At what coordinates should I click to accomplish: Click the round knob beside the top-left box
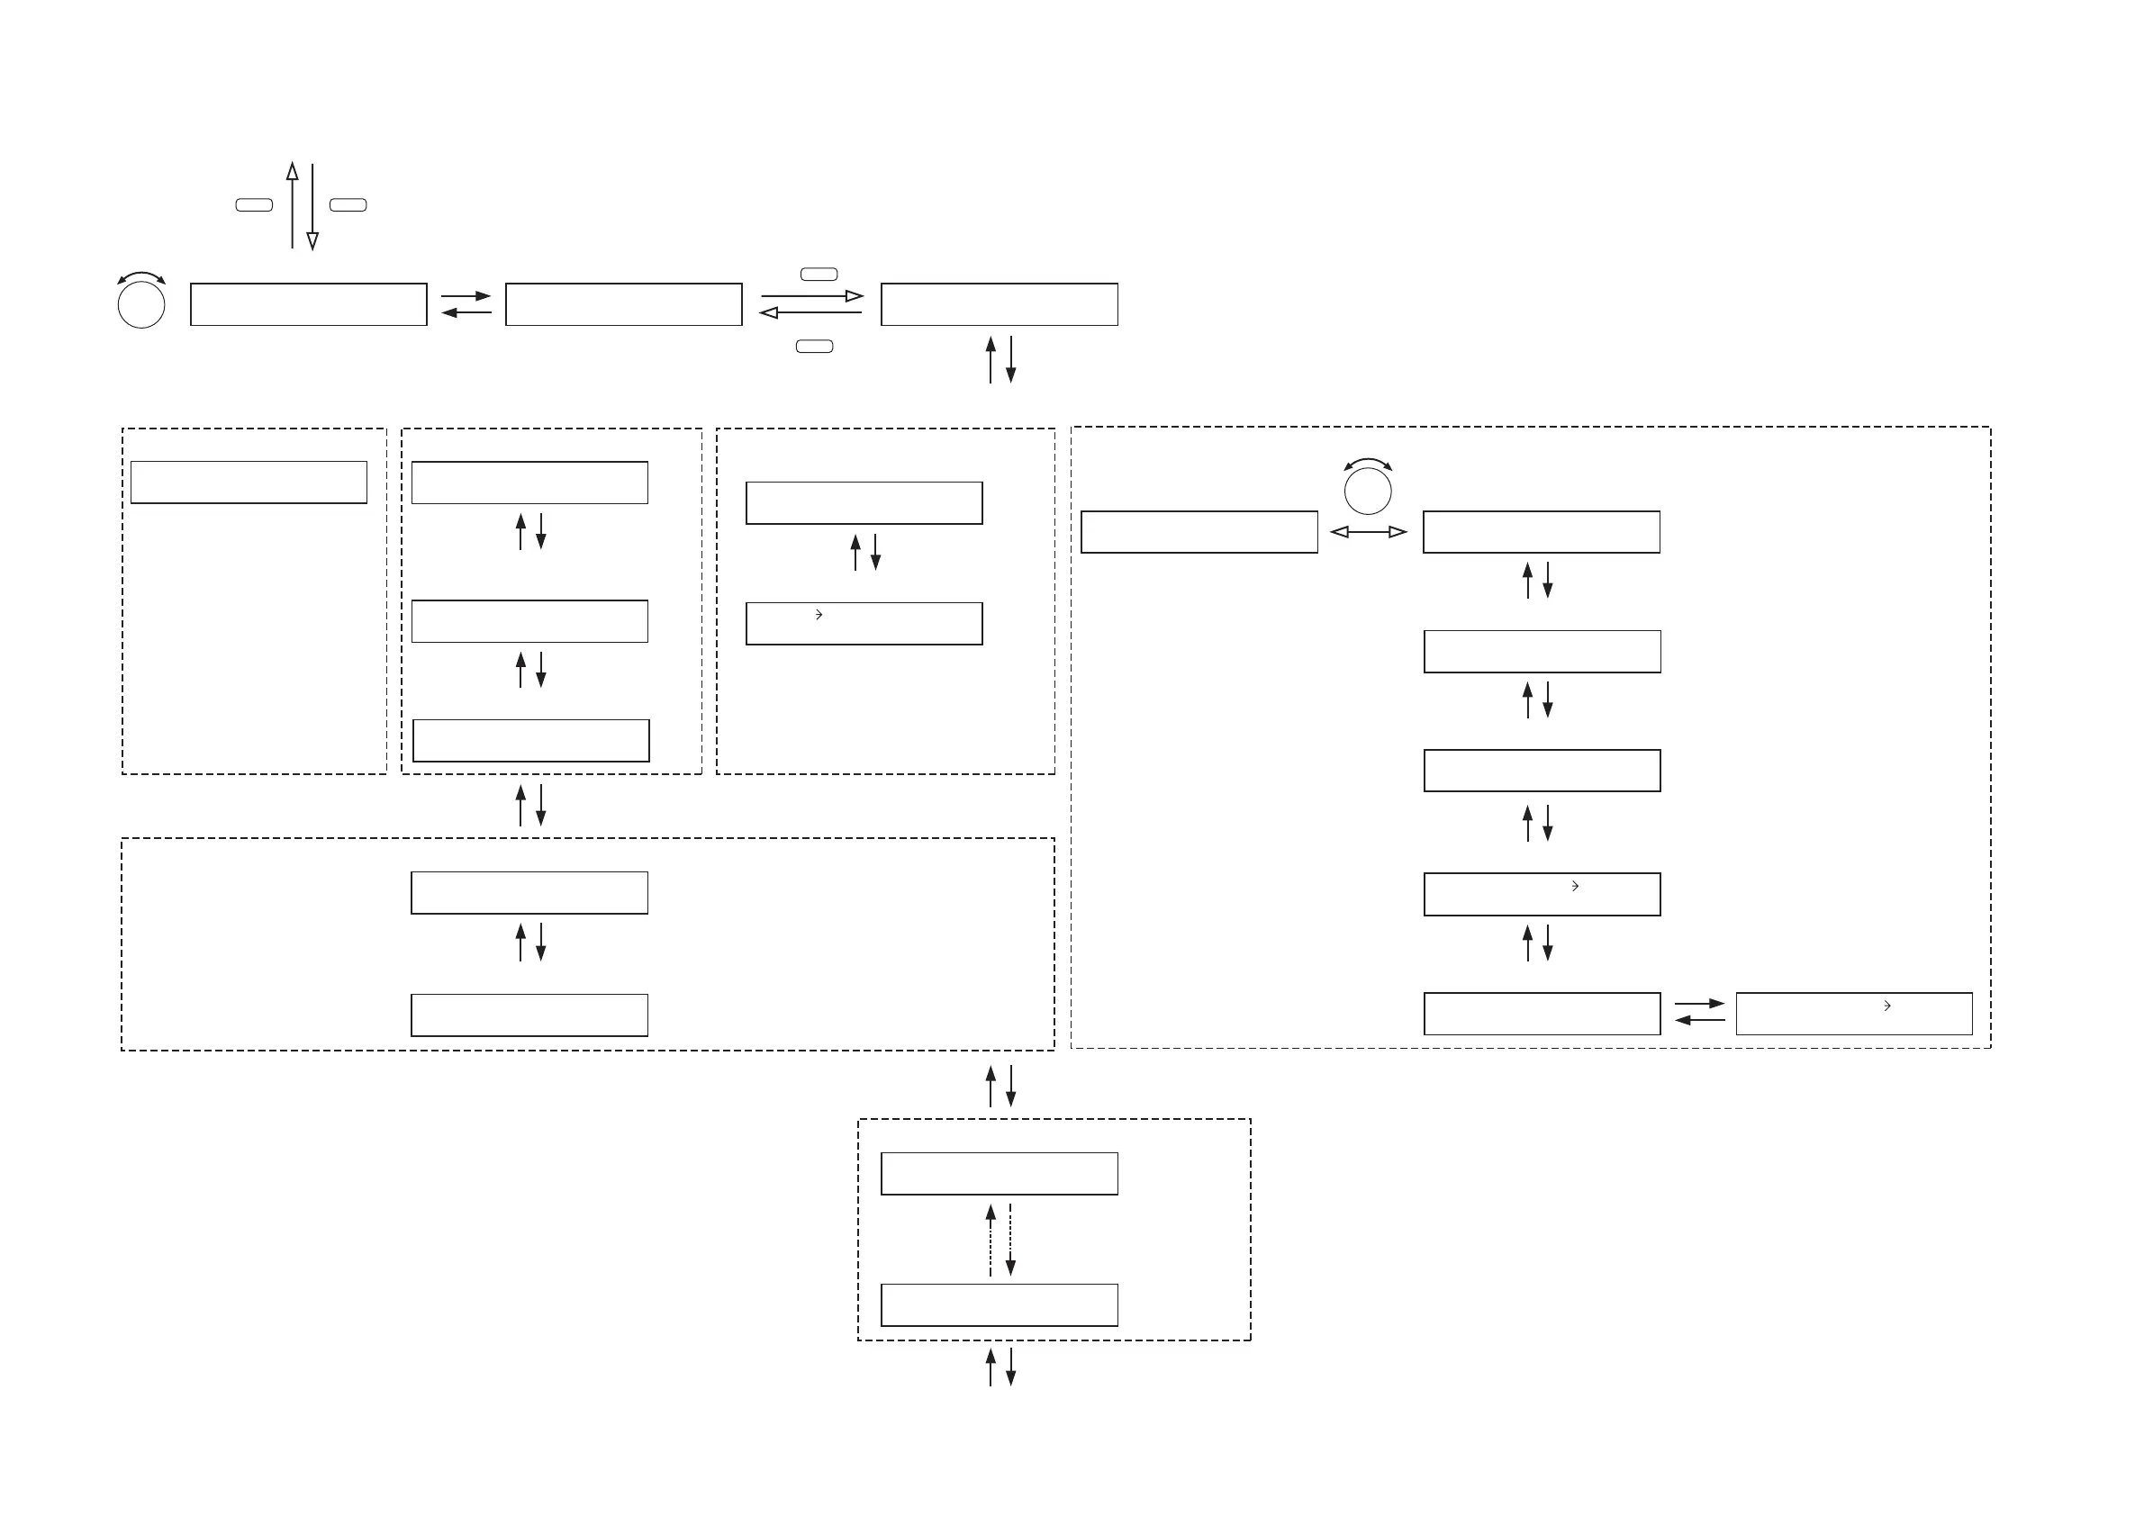[x=141, y=304]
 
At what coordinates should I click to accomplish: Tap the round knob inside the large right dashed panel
[x=1367, y=490]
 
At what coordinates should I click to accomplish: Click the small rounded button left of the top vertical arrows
[x=254, y=205]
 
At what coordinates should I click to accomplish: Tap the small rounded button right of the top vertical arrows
[x=348, y=205]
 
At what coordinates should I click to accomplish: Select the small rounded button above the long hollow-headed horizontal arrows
[x=819, y=275]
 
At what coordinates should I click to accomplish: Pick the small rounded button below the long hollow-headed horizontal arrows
[x=814, y=347]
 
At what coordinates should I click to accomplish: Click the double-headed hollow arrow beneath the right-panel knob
[x=1368, y=532]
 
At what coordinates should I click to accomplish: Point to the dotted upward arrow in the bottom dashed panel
[x=991, y=1240]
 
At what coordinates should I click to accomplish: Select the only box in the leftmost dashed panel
[x=249, y=483]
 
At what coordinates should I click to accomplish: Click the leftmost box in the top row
[x=308, y=304]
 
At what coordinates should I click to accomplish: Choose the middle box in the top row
[x=624, y=304]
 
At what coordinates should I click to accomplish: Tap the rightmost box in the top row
[x=1000, y=304]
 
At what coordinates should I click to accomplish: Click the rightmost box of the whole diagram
[x=1853, y=1014]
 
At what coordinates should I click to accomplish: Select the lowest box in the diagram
[x=1000, y=1305]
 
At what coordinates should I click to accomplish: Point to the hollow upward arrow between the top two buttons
[x=293, y=205]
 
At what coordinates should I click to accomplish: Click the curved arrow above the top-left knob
[x=141, y=276]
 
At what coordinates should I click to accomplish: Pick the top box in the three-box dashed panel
[x=529, y=483]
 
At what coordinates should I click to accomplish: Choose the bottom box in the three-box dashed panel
[x=530, y=741]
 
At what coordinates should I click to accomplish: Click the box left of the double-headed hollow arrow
[x=1199, y=532]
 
